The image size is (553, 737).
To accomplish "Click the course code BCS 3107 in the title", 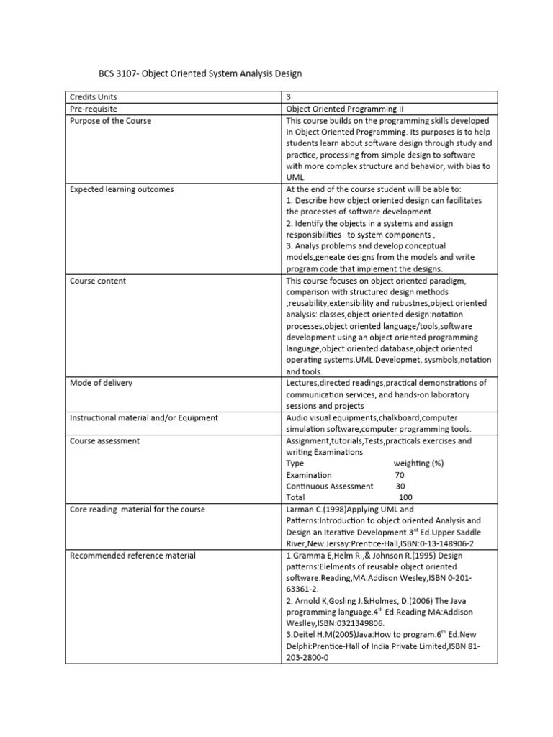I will [118, 73].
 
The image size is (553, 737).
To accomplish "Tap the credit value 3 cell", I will [289, 97].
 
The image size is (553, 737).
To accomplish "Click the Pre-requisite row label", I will [94, 109].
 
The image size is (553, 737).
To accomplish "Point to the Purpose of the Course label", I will [110, 121].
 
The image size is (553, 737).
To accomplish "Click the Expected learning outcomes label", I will [121, 189].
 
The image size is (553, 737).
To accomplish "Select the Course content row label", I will [97, 281].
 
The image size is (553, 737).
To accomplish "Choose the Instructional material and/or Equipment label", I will [143, 417].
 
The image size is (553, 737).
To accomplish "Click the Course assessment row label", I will [104, 440].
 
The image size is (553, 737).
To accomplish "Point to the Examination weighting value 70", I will [400, 475].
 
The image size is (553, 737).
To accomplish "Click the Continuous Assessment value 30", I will [400, 487].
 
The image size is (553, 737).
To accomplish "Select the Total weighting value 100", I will [405, 498].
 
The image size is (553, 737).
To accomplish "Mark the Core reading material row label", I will [137, 510].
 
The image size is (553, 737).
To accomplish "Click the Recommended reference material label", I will [132, 556].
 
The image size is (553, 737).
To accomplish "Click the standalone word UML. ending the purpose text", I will [296, 177].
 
